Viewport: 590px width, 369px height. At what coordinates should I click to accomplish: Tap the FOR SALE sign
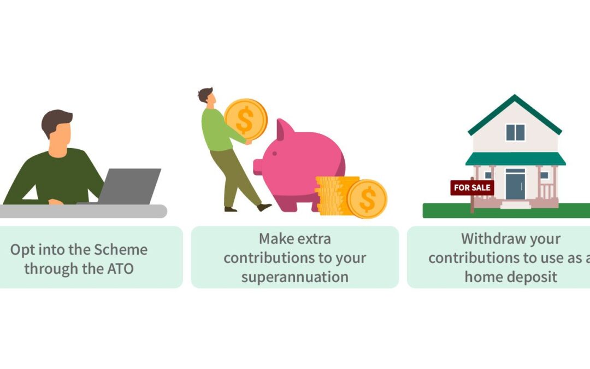[472, 188]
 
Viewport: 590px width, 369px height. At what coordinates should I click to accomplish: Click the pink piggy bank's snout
[258, 167]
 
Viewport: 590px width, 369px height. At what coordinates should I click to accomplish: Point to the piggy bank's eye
[275, 154]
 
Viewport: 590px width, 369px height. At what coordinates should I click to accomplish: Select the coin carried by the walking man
[246, 119]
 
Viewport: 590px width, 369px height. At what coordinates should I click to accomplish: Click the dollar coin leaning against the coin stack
[367, 199]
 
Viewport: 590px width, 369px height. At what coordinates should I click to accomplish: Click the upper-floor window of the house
[515, 132]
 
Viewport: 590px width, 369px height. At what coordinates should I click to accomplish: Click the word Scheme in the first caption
[120, 250]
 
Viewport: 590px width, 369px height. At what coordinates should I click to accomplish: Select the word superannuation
[294, 277]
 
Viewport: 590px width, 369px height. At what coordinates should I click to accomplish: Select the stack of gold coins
[333, 196]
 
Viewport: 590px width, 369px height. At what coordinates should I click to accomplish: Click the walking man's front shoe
[264, 207]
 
